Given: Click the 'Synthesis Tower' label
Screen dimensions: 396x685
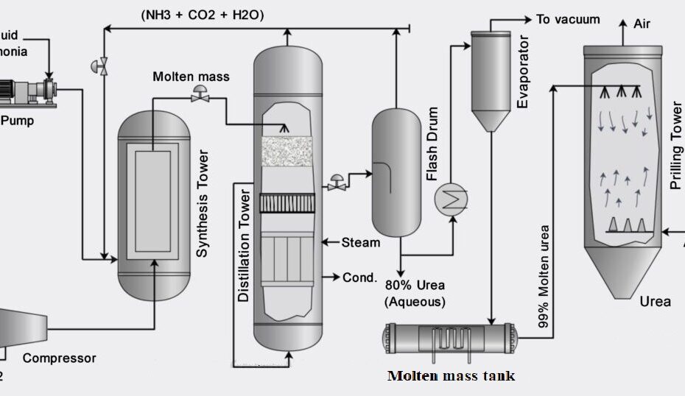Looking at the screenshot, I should tap(204, 204).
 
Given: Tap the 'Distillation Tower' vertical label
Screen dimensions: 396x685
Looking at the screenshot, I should tap(245, 247).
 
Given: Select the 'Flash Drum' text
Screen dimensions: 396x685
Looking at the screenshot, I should tap(432, 144).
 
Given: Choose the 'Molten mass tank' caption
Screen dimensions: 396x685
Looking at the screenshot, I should tap(451, 376).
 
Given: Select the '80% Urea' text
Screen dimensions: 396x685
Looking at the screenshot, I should tap(415, 286).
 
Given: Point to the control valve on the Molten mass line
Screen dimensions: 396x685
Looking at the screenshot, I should tap(198, 95).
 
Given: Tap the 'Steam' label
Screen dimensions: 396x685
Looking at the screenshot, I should tap(361, 242).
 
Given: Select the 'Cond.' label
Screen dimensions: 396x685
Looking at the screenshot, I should tap(359, 277).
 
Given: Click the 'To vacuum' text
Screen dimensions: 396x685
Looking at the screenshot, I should tap(568, 19).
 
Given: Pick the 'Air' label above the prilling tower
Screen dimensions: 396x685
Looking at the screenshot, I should tap(642, 24).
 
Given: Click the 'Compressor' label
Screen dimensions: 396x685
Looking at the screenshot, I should tap(59, 358).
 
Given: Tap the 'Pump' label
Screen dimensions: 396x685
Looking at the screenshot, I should tap(16, 120).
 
